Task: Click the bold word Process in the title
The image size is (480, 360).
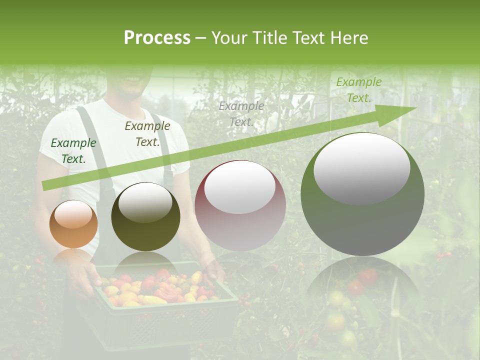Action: pyautogui.click(x=157, y=38)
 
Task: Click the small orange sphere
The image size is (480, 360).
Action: pyautogui.click(x=73, y=224)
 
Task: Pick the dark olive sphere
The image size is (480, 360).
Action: pyautogui.click(x=145, y=217)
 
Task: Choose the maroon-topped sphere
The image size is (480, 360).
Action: pyautogui.click(x=240, y=205)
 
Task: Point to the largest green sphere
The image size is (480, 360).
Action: pyautogui.click(x=362, y=194)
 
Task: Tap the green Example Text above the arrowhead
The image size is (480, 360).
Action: pyautogui.click(x=358, y=90)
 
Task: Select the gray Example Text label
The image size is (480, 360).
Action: pyautogui.click(x=241, y=113)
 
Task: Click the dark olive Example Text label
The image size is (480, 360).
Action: pyautogui.click(x=147, y=133)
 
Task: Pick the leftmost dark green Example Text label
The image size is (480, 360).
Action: pyautogui.click(x=73, y=150)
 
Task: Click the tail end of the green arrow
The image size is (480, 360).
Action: pyautogui.click(x=46, y=185)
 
